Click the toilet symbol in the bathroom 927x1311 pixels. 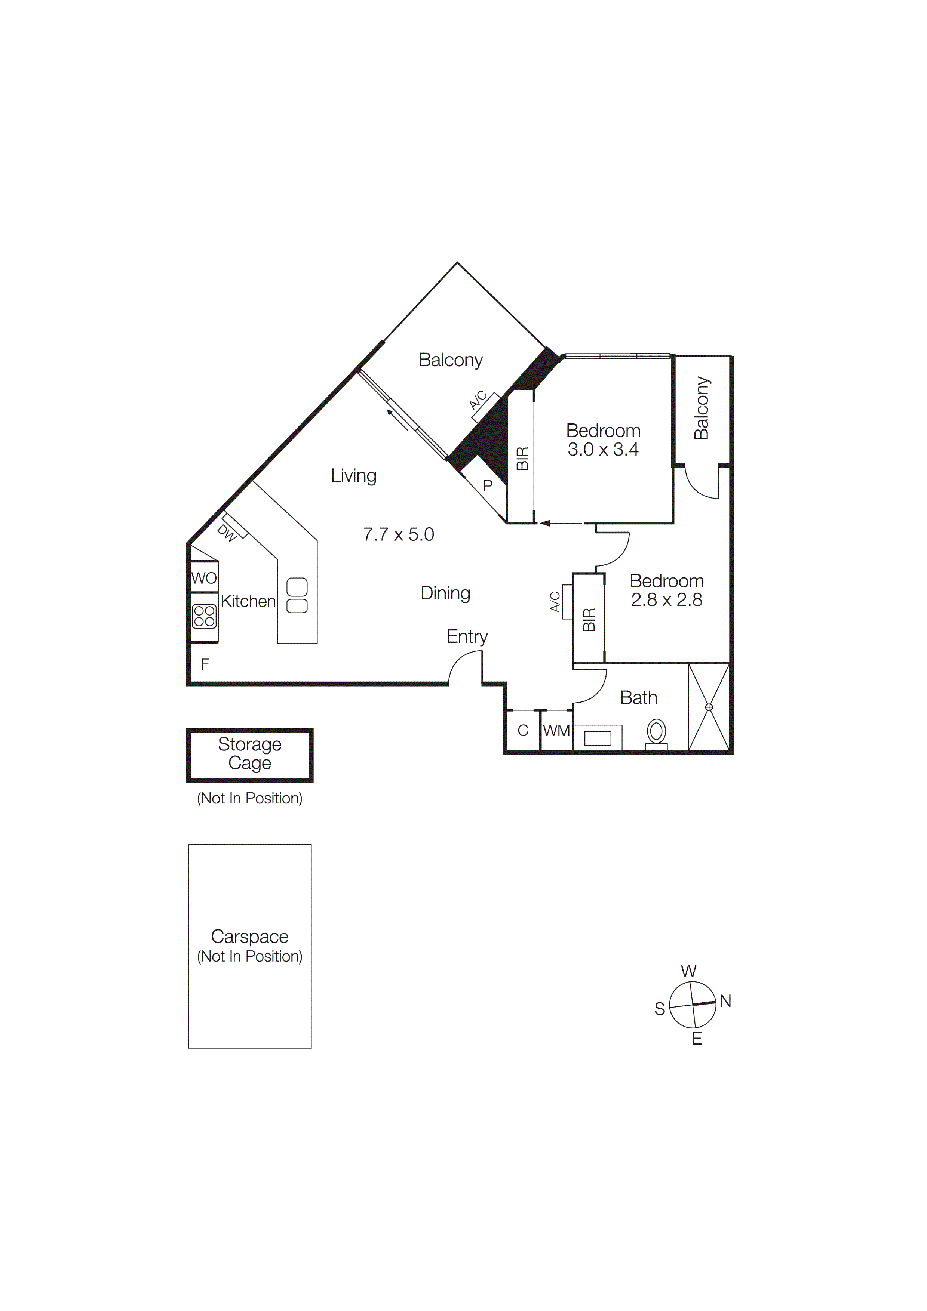click(657, 731)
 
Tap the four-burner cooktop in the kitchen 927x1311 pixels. click(204, 616)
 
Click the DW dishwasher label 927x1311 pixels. click(227, 533)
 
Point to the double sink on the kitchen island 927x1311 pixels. click(297, 596)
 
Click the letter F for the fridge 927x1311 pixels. click(205, 664)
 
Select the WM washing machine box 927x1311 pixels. click(556, 731)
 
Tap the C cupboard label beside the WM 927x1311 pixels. click(523, 731)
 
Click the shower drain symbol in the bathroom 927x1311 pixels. click(709, 707)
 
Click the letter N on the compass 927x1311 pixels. click(725, 1001)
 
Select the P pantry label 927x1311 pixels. click(488, 486)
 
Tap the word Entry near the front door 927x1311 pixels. click(467, 637)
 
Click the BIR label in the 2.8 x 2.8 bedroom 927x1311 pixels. click(589, 620)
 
